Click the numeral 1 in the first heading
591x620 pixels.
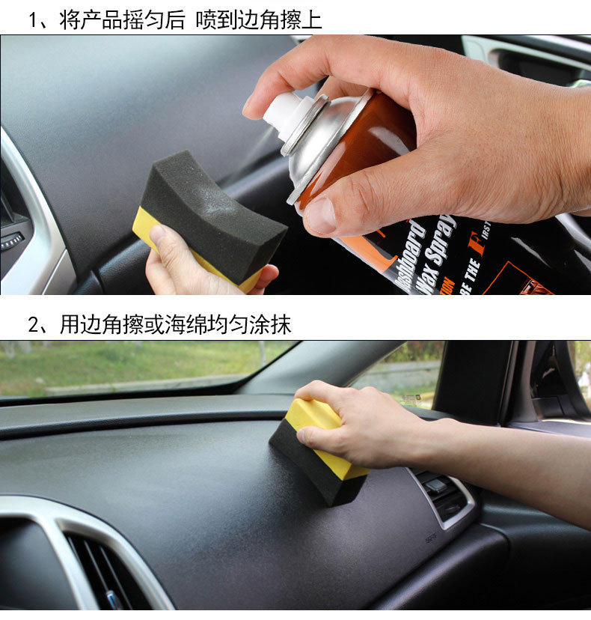34,19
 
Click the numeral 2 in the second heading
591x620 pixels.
34,324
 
